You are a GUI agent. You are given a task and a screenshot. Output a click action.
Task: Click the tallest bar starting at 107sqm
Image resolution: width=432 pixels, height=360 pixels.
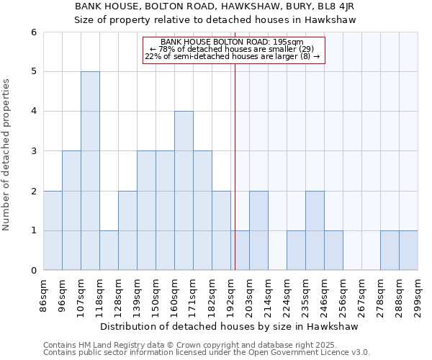pyautogui.click(x=90, y=171)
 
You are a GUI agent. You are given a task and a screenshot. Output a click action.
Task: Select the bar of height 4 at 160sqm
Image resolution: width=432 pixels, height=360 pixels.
pyautogui.click(x=184, y=191)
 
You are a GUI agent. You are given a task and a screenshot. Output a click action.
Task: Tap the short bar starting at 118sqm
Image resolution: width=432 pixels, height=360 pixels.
pyautogui.click(x=109, y=251)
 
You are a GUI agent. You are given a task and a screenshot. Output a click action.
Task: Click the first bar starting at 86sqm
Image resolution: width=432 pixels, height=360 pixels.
pyautogui.click(x=53, y=230)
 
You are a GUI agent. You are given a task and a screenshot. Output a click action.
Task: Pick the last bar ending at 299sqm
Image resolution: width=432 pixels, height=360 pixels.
pyautogui.click(x=408, y=251)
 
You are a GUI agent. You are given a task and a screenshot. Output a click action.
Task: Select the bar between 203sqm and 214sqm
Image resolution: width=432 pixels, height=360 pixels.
pyautogui.click(x=258, y=230)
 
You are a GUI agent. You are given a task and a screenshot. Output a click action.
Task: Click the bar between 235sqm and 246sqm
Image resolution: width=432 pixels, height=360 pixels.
pyautogui.click(x=315, y=230)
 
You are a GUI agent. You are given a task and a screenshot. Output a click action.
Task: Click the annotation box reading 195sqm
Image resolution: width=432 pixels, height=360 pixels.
pyautogui.click(x=234, y=50)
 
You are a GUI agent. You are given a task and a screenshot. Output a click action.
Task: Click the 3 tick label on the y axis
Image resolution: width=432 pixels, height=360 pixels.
pyautogui.click(x=33, y=151)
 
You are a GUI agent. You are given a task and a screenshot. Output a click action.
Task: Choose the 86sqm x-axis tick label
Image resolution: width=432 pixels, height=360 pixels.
pyautogui.click(x=44, y=294)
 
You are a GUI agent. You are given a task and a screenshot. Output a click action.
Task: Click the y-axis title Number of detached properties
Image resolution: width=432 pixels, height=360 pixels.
pyautogui.click(x=7, y=155)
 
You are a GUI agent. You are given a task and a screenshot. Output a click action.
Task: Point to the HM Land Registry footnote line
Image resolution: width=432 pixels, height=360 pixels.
pyautogui.click(x=195, y=345)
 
